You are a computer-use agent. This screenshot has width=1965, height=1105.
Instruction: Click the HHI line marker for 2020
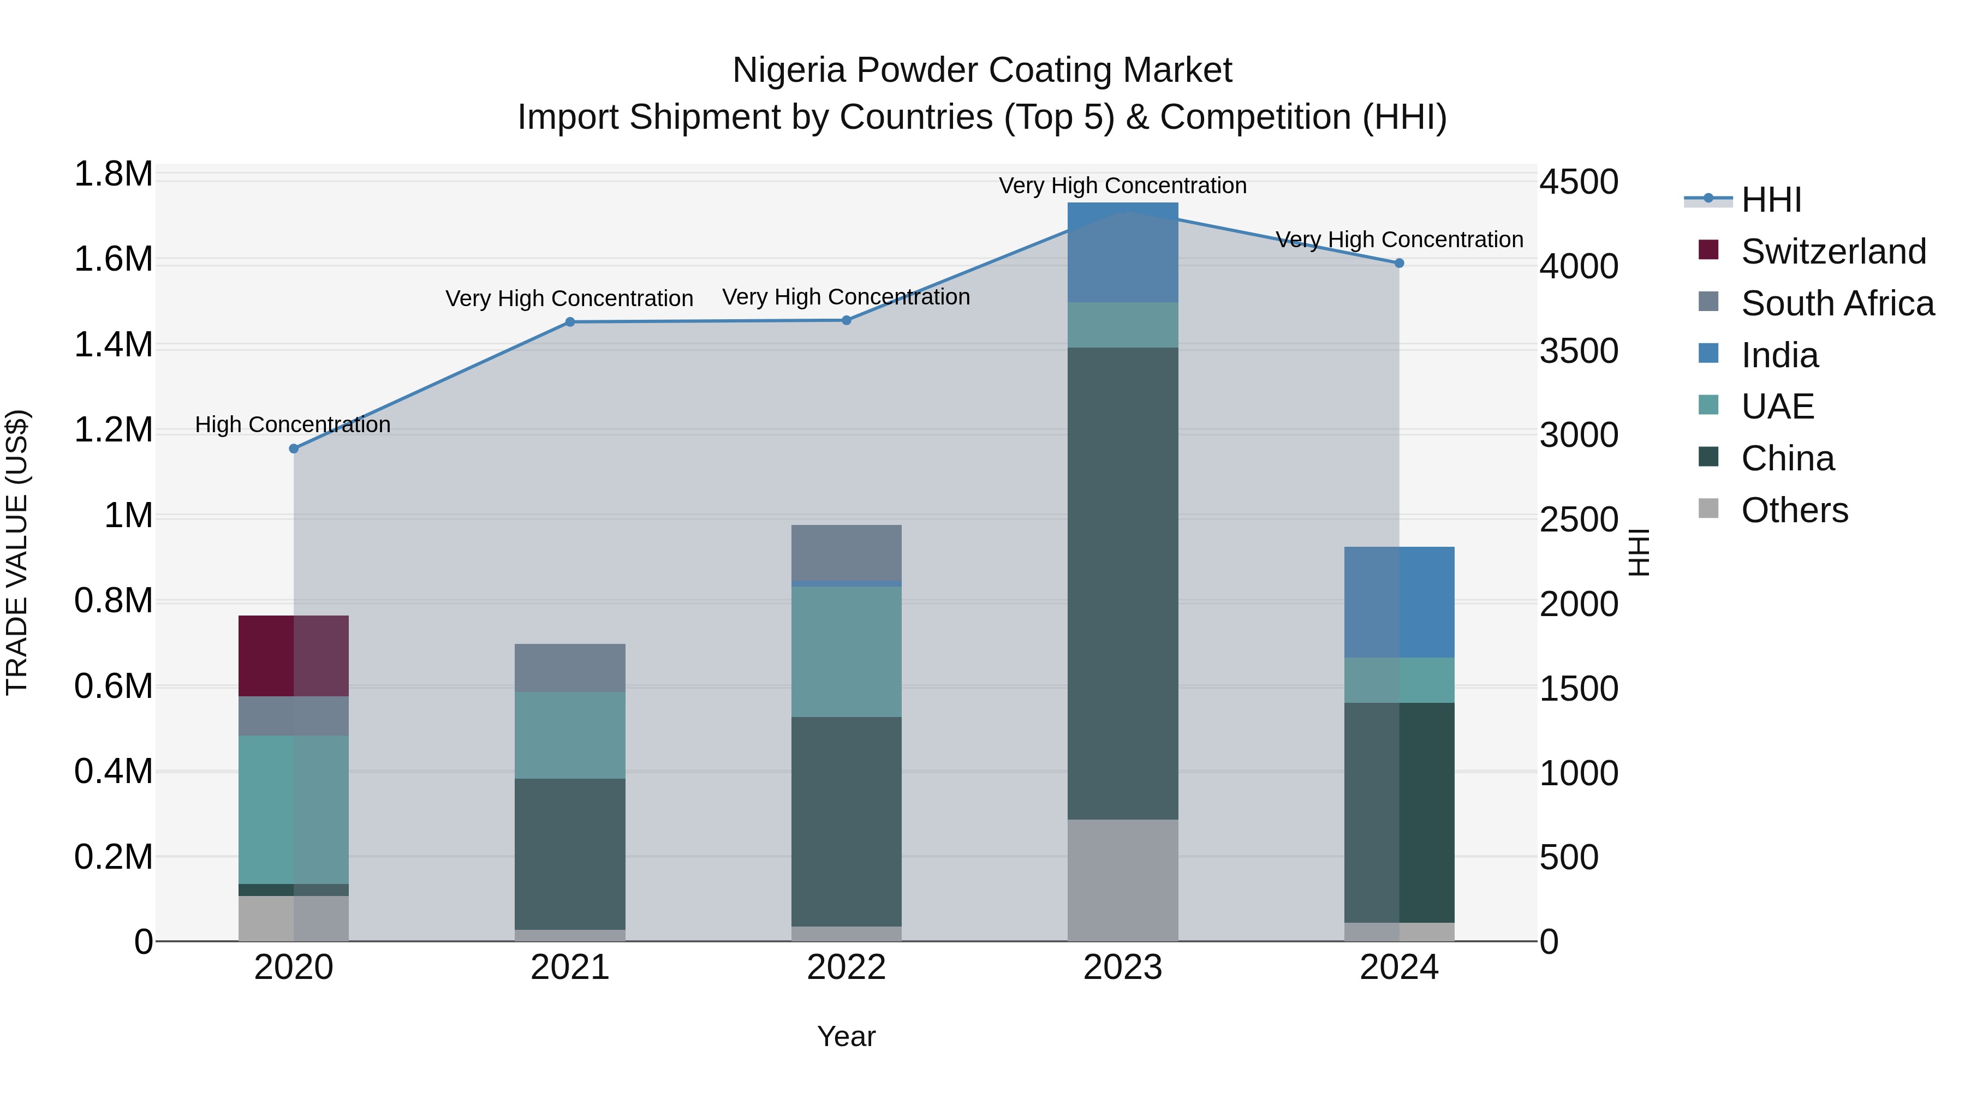[x=294, y=449]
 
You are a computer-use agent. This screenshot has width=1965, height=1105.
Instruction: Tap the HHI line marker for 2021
[x=570, y=322]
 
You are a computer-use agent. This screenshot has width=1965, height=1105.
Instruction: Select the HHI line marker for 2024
[x=1399, y=263]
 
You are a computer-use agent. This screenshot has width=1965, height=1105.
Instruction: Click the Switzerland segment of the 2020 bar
[x=294, y=656]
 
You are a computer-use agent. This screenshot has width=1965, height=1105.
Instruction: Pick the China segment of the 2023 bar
[x=1122, y=583]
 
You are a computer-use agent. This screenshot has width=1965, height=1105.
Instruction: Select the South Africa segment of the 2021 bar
[x=570, y=667]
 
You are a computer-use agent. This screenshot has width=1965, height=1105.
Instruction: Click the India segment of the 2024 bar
[x=1399, y=602]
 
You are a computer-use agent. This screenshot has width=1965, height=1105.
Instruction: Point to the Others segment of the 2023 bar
[x=1122, y=880]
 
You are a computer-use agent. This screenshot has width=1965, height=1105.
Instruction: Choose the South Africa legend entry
[x=1837, y=303]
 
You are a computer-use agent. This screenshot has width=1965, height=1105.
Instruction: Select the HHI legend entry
[x=1771, y=200]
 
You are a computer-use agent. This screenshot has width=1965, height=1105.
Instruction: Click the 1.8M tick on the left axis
[x=113, y=175]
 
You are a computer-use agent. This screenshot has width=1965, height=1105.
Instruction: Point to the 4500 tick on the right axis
[x=1578, y=182]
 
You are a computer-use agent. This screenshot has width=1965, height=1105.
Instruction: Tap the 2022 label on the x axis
[x=846, y=967]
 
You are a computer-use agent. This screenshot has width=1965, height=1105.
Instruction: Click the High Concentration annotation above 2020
[x=293, y=425]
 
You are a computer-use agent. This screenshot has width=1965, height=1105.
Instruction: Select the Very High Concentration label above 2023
[x=1122, y=186]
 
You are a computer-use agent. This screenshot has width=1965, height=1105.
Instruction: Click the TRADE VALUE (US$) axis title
[x=17, y=552]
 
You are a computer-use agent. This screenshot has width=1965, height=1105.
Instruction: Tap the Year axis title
[x=846, y=1036]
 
